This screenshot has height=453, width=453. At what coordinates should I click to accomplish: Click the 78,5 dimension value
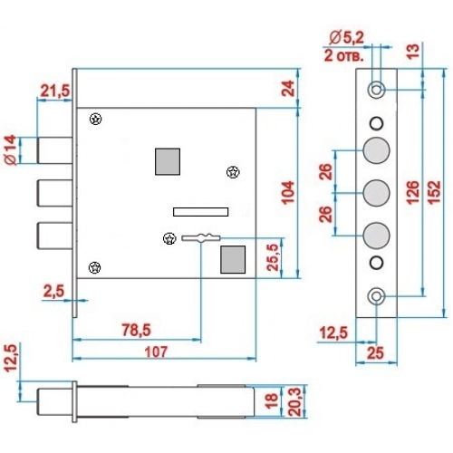[x=136, y=330]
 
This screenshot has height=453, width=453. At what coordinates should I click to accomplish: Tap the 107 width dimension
[x=156, y=352]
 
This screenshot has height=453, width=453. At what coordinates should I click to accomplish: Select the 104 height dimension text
[x=288, y=193]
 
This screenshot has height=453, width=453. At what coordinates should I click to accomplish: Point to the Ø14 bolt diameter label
[x=11, y=150]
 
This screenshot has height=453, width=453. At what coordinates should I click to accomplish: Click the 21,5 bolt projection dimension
[x=55, y=91]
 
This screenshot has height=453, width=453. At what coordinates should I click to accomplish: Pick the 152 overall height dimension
[x=435, y=193]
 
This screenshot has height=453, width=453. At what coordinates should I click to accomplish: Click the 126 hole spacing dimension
[x=412, y=193]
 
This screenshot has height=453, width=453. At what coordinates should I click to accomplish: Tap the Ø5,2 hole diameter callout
[x=347, y=38]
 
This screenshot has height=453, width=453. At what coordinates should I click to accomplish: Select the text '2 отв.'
[x=344, y=56]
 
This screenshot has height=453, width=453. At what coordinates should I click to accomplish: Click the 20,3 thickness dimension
[x=294, y=402]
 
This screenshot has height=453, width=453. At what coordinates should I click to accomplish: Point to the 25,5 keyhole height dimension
[x=274, y=257]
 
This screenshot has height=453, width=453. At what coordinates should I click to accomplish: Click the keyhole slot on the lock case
[x=201, y=238]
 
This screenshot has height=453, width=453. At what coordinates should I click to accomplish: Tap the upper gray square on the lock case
[x=168, y=161]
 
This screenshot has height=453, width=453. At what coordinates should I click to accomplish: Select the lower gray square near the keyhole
[x=233, y=259]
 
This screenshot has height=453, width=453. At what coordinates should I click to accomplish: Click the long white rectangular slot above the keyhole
[x=200, y=212]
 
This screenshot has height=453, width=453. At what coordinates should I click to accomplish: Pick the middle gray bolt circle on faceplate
[x=376, y=193]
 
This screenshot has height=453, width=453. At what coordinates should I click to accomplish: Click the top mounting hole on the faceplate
[x=376, y=90]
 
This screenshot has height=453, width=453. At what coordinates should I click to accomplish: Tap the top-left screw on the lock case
[x=96, y=119]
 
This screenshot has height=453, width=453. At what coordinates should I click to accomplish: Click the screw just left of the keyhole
[x=169, y=239]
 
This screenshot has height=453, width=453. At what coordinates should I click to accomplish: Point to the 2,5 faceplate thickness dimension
[x=53, y=292]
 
